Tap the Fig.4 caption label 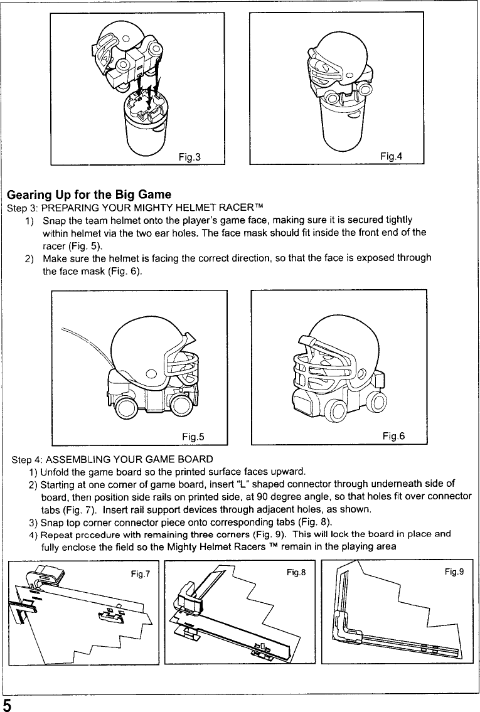tap(391, 156)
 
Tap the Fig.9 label tap(455, 572)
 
